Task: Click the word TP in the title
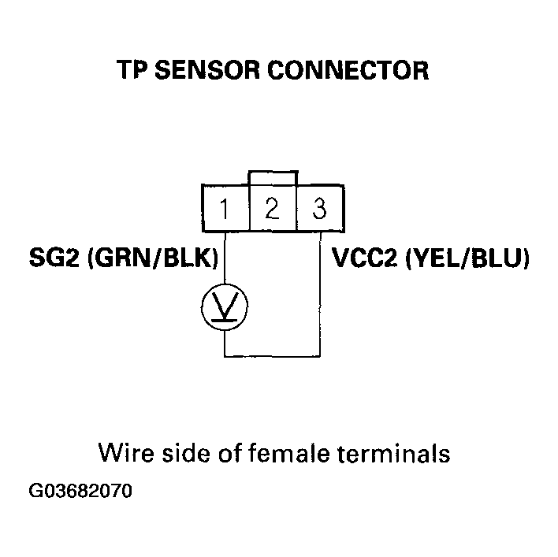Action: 134,72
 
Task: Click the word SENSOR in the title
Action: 206,72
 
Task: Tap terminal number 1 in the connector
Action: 225,210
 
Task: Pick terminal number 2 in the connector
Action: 272,209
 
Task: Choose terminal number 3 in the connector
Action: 319,210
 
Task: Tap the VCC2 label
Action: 365,259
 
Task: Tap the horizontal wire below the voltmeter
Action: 272,356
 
